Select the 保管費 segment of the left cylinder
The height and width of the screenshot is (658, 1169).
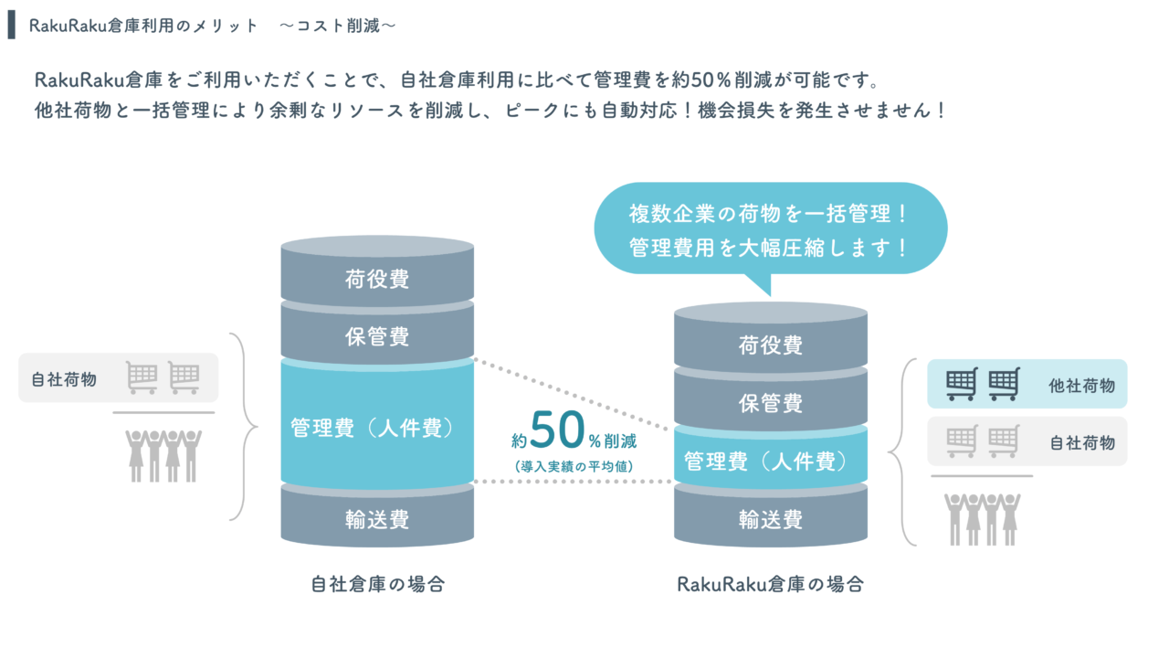[x=377, y=336]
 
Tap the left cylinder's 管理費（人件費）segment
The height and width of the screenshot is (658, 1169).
[x=377, y=428]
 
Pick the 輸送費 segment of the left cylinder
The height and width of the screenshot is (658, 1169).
[x=377, y=519]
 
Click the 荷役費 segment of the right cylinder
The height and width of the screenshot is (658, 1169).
[x=771, y=345]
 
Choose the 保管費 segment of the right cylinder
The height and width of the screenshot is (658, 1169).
[x=771, y=402]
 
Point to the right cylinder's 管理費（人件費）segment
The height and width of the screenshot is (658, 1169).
[x=771, y=462]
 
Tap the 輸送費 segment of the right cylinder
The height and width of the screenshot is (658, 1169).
[x=771, y=519]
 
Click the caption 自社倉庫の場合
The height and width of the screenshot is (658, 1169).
[x=377, y=584]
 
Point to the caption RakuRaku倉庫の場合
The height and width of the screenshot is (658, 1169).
[x=771, y=584]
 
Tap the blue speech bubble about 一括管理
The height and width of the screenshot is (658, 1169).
[x=770, y=230]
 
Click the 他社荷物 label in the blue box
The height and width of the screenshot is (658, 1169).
[x=1082, y=386]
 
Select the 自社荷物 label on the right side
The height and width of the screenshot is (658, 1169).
[x=1082, y=442]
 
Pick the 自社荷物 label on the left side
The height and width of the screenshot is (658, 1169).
[x=64, y=378]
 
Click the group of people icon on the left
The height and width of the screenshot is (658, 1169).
[x=163, y=454]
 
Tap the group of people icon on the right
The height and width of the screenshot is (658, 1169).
[x=982, y=518]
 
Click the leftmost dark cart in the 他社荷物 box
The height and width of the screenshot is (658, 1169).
[x=962, y=384]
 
